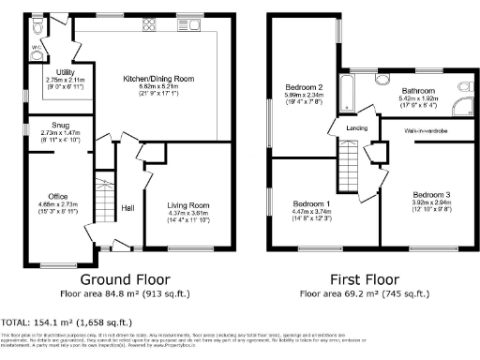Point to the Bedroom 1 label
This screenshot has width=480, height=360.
[x=311, y=203]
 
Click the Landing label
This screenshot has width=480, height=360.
[x=356, y=128]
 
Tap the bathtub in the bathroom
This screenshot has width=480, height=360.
[x=347, y=95]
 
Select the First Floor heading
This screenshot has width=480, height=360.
[x=358, y=279]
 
